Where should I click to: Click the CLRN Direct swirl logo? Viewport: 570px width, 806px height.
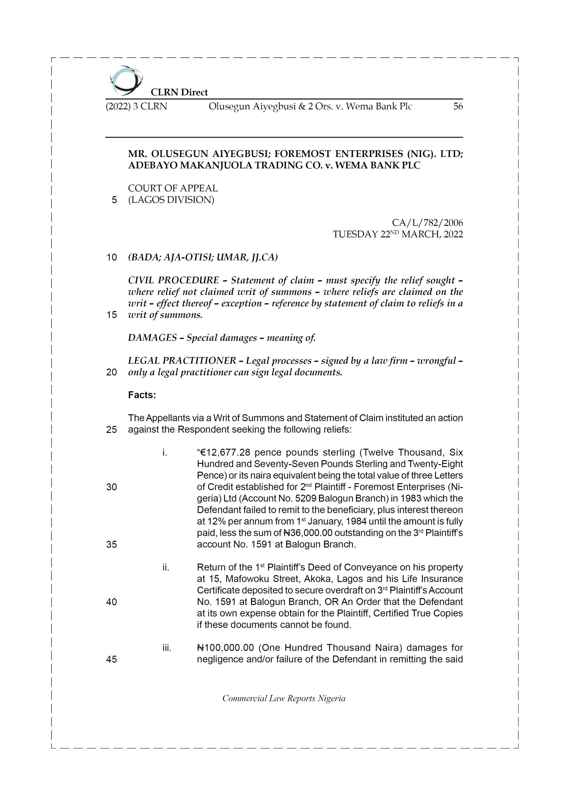tap(126, 80)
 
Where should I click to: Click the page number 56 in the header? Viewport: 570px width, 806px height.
tap(458, 106)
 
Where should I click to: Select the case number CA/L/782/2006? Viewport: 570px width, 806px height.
tap(427, 223)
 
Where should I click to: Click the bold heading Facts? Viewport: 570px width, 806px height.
tap(142, 395)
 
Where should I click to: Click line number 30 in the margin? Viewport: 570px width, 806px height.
tap(111, 487)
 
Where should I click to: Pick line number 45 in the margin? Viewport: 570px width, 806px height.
tap(111, 659)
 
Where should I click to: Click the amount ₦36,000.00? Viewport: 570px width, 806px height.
tap(308, 533)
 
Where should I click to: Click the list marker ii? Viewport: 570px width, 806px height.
tap(166, 567)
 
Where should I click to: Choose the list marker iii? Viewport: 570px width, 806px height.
tap(167, 648)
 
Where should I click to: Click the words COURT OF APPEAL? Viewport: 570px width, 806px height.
tap(173, 188)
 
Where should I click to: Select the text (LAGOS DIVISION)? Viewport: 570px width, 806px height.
tap(171, 200)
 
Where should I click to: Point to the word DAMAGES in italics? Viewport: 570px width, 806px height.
tap(152, 338)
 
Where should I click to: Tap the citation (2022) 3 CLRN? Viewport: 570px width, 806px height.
tap(136, 106)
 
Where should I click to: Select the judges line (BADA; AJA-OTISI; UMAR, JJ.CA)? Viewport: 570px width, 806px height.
tap(202, 257)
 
